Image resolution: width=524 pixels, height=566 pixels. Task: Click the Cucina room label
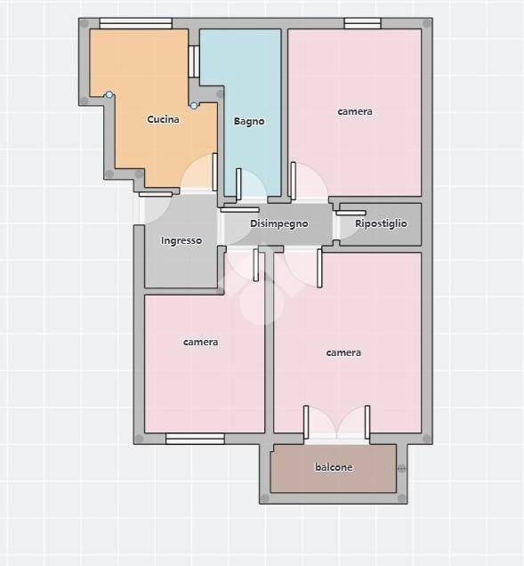click(x=163, y=119)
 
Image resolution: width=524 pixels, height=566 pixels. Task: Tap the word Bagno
click(x=249, y=121)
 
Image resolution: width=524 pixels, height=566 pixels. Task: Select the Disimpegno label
click(x=279, y=223)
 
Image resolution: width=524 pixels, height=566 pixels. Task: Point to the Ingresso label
click(x=181, y=240)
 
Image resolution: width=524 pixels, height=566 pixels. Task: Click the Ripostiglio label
click(x=381, y=223)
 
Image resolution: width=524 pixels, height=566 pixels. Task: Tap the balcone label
click(x=334, y=467)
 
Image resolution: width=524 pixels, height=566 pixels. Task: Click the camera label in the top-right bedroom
click(x=355, y=111)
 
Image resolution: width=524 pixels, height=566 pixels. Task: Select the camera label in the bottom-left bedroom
click(x=200, y=342)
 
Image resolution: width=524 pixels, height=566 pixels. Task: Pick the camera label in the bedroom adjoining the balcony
click(x=343, y=352)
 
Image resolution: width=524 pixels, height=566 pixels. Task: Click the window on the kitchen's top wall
click(x=136, y=23)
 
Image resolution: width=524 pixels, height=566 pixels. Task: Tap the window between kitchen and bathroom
click(x=194, y=61)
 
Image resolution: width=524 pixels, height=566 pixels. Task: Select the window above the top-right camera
click(x=362, y=23)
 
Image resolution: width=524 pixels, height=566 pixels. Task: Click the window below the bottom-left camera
click(x=195, y=439)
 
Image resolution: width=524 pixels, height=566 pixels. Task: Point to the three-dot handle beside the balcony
click(x=401, y=468)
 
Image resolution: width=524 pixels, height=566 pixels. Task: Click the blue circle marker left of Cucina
click(x=109, y=95)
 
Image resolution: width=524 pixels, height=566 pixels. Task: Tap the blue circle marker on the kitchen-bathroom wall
click(x=194, y=105)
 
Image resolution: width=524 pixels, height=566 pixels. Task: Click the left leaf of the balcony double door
click(x=306, y=423)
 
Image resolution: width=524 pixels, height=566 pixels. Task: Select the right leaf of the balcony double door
click(x=367, y=423)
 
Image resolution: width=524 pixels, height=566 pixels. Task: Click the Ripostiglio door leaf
click(x=351, y=213)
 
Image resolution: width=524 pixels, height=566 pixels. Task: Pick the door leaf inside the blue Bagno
click(x=238, y=183)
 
